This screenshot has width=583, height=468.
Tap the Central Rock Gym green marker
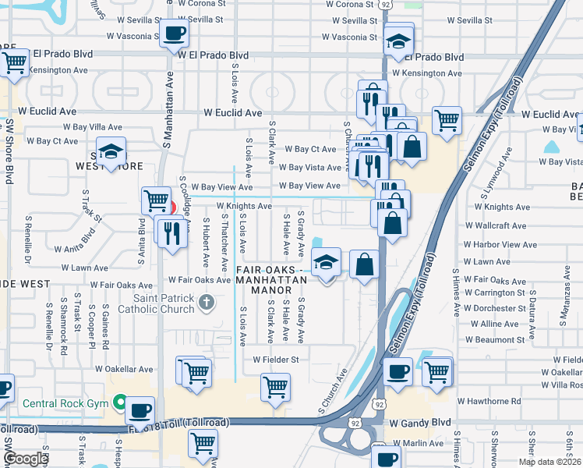click(119, 402)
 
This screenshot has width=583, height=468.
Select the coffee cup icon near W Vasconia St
click(172, 34)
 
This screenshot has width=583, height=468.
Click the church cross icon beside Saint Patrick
click(206, 302)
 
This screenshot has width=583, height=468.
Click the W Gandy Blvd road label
click(421, 423)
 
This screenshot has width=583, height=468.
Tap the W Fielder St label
click(275, 360)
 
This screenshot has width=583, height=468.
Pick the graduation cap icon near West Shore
click(111, 151)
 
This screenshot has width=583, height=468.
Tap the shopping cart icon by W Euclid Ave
click(447, 120)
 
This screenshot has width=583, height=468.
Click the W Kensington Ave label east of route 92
click(427, 73)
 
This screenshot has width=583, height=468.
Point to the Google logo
click(26, 459)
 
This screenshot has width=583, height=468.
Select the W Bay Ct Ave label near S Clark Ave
click(310, 149)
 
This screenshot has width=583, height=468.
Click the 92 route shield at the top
click(386, 5)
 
